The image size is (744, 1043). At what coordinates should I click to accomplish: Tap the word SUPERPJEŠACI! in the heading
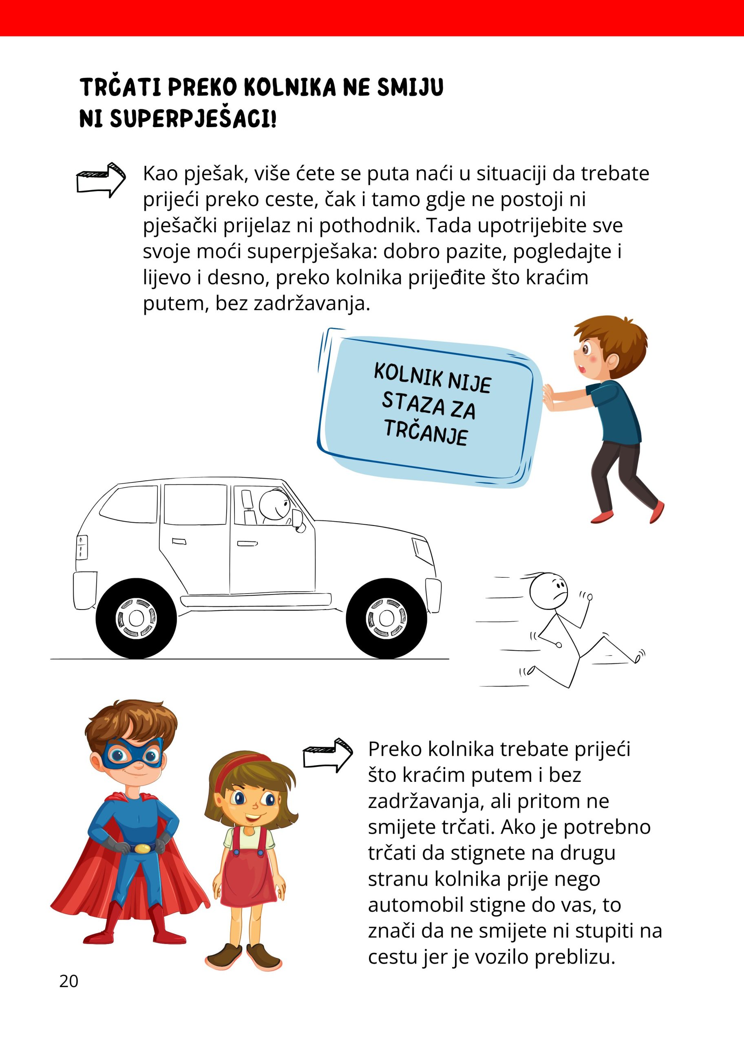[x=193, y=119]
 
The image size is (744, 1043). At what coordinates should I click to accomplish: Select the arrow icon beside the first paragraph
[x=101, y=180]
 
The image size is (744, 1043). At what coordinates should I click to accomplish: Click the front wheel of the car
[x=386, y=618]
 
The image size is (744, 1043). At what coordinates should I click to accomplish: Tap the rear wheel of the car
[x=136, y=618]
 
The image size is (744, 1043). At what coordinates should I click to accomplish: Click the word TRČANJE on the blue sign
[x=426, y=432]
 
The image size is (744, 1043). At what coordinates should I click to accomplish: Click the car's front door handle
[x=247, y=544]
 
